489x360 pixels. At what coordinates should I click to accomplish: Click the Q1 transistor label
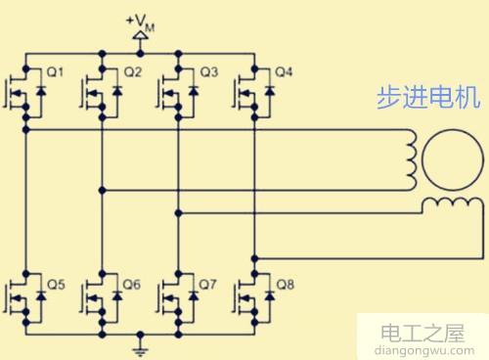pos(55,72)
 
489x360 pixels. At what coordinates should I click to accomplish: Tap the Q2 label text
pos(132,72)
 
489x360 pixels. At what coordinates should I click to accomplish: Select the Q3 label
pos(208,72)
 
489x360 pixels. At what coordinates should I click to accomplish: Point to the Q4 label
pos(284,72)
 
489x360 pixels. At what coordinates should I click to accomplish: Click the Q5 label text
pos(55,285)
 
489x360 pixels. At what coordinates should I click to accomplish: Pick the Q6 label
pos(132,285)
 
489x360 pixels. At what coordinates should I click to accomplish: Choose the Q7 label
pos(208,285)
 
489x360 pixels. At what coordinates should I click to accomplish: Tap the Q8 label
pos(286,285)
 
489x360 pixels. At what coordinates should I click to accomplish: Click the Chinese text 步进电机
pos(422,98)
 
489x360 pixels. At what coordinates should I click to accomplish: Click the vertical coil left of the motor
pos(413,155)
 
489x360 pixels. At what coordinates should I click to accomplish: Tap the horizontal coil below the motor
pos(450,203)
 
